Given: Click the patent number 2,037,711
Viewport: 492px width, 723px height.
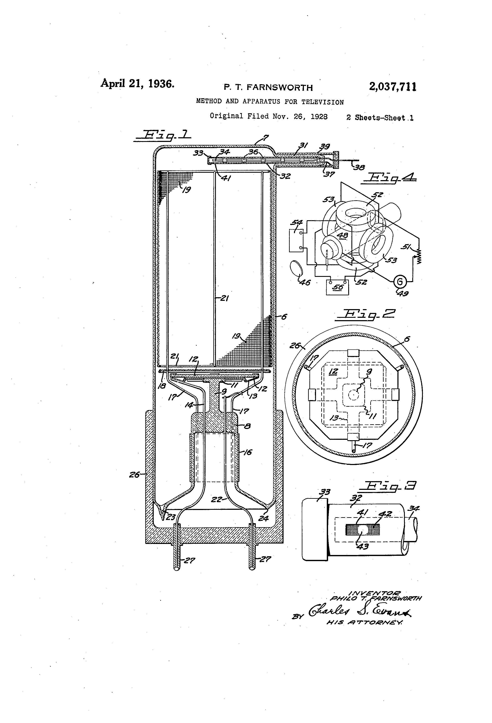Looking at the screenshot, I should pos(393,87).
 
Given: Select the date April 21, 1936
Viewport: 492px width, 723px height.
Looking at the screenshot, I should pos(137,84).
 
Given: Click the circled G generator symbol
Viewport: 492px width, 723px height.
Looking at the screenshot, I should pos(400,282).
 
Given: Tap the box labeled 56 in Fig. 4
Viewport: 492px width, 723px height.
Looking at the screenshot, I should pos(337,287).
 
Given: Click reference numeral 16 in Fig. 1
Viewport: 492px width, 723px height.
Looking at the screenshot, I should pos(247,452).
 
